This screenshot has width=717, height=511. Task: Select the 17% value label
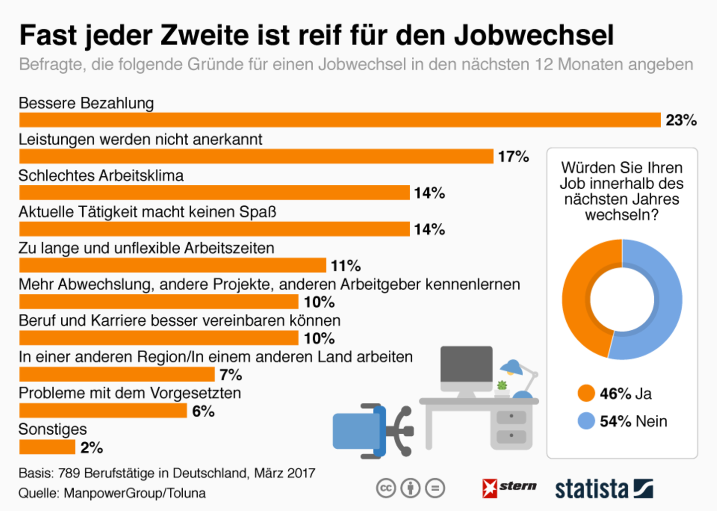tap(513, 156)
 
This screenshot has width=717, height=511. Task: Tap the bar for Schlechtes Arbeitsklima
tap(214, 193)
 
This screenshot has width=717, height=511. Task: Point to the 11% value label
tap(346, 265)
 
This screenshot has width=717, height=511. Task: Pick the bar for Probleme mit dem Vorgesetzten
tap(103, 411)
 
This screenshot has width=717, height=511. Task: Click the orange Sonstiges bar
tap(47, 447)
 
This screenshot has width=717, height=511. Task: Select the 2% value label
tap(92, 447)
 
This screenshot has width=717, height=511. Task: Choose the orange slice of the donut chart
tap(578, 299)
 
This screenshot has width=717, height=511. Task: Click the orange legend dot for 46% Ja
tap(586, 393)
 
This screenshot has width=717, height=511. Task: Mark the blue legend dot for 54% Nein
tap(586, 421)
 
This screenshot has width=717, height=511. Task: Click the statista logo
tap(603, 489)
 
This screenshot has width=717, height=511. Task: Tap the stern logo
tap(509, 488)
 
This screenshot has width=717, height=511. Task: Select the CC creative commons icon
tap(386, 488)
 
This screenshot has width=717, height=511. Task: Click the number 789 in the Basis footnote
tap(69, 473)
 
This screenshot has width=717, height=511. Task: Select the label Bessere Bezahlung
tap(86, 103)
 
